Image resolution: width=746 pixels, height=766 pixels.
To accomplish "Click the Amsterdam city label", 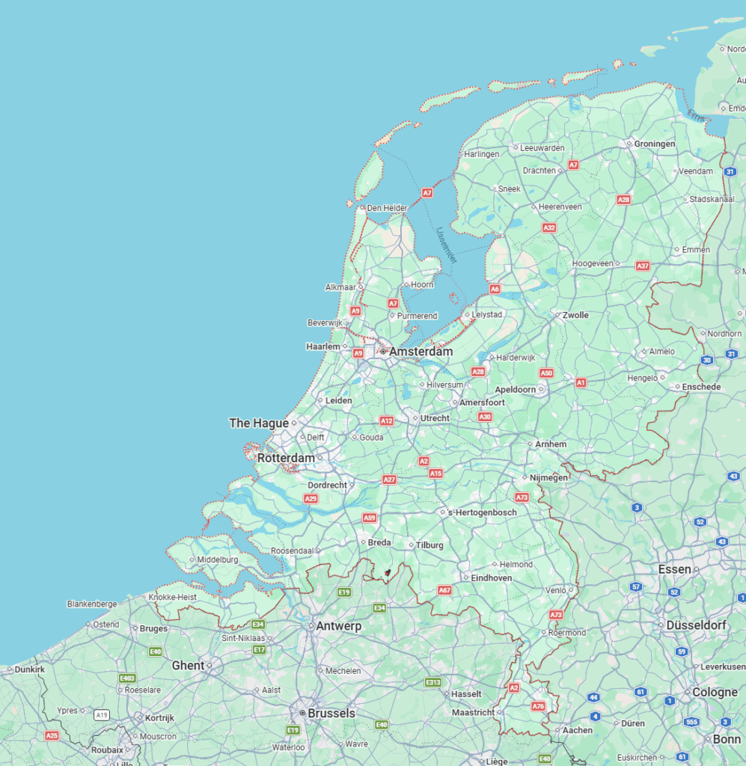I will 421,352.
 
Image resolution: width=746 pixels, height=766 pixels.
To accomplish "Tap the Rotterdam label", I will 286,458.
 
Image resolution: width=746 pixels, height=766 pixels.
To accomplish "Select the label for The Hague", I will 258,423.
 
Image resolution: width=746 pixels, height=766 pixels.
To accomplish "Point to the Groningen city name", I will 655,144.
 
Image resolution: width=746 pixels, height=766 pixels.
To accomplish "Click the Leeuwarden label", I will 542,148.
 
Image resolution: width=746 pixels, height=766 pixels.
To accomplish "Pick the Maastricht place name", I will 473,712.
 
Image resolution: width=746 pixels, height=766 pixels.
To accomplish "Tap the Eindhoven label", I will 492,577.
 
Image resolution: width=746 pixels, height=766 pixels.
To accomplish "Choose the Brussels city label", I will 331,714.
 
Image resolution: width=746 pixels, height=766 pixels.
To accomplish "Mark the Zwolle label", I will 575,315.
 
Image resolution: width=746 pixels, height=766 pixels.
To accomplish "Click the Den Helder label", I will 387,208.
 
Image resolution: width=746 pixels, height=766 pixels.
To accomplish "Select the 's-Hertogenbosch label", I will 482,512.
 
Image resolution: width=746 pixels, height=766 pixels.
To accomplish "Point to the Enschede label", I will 701,387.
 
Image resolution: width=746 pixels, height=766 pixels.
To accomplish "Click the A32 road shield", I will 549,227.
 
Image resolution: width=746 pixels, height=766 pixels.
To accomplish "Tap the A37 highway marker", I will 642,266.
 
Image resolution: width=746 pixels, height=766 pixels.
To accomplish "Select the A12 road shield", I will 386,421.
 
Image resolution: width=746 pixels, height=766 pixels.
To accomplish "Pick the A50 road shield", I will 546,373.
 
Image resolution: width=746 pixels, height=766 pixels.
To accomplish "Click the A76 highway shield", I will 538,706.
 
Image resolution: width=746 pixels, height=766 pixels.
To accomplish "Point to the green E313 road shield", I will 432,682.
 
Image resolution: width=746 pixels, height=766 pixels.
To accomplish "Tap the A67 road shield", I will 444,590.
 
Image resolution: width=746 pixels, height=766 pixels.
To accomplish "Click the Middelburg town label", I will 218,560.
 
